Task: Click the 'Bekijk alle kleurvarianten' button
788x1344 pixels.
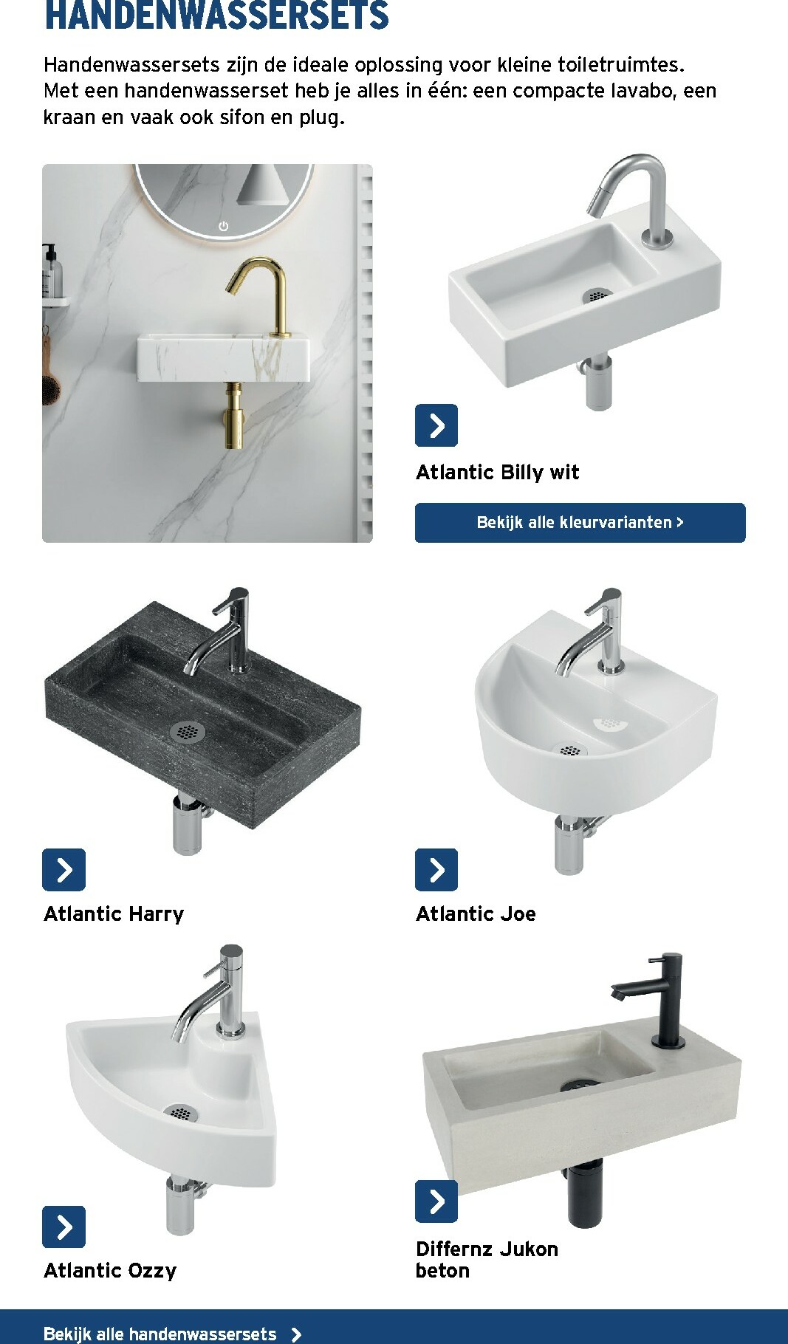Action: tap(580, 522)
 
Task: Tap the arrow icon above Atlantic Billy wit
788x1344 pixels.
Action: tap(436, 425)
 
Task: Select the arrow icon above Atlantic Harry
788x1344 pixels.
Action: tap(64, 870)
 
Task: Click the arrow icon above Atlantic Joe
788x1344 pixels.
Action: tap(436, 870)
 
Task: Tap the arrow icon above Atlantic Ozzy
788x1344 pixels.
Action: tap(64, 1227)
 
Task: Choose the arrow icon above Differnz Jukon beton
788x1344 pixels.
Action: tap(436, 1201)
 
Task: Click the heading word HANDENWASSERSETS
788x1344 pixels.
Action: tap(216, 16)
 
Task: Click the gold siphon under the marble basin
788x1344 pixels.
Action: tap(234, 417)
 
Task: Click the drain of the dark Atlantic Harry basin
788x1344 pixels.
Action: tap(187, 732)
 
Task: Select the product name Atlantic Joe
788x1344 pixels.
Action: tap(476, 913)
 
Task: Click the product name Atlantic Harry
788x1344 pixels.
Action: tap(114, 913)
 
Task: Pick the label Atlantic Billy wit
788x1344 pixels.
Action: tap(497, 472)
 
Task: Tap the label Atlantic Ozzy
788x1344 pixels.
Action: tap(110, 1270)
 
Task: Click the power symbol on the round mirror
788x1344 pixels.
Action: tap(223, 226)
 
